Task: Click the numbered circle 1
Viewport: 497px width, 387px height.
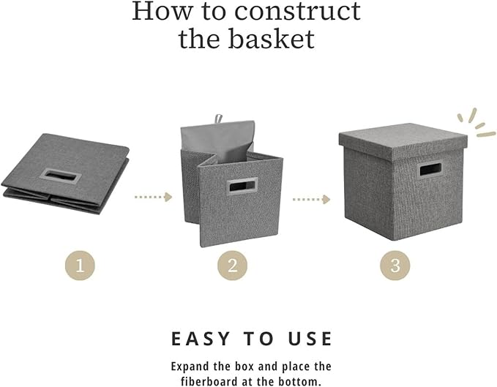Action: (81, 266)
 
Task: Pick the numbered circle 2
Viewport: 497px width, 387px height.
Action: (232, 266)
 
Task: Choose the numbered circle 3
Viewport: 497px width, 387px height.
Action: (395, 266)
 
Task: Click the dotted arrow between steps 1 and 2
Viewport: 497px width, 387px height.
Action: (152, 197)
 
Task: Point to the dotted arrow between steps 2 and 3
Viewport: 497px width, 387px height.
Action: (310, 198)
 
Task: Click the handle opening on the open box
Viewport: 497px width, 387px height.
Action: (239, 188)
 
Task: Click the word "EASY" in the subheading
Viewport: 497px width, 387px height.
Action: (200, 339)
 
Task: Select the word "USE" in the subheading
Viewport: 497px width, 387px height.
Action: (305, 339)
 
